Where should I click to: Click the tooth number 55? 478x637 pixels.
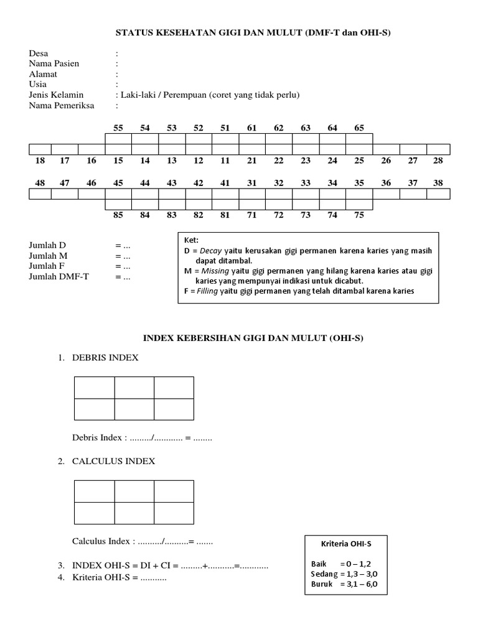118,128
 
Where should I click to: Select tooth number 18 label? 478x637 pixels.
40,160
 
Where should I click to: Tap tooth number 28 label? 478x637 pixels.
438,160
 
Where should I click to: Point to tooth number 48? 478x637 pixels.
40,183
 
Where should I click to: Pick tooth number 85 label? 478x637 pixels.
118,215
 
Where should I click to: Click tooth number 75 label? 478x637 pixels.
359,215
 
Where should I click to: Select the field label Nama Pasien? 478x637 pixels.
54,63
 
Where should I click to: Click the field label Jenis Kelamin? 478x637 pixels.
57,95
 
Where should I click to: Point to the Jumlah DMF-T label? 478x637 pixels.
59,277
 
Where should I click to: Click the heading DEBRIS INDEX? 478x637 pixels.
105,358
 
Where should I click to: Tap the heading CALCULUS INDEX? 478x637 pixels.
113,461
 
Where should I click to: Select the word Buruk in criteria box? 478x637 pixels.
322,584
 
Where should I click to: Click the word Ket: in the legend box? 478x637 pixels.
190,241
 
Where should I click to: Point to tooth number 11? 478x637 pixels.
225,160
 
